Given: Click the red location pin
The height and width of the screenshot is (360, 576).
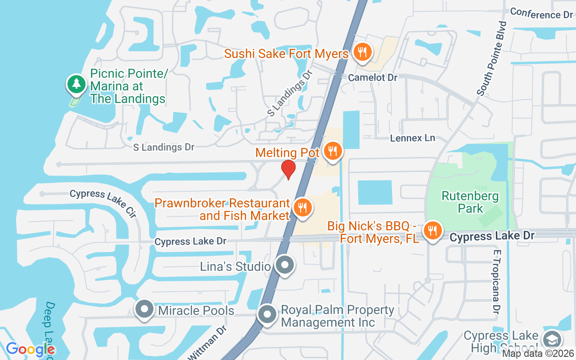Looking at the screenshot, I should pos(288,169).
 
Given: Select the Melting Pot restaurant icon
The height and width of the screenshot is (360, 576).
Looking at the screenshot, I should pos(333,151).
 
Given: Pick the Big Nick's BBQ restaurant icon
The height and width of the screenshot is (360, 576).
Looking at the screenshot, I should pos(432,231).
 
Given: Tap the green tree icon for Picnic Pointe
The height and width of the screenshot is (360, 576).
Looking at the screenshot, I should pos(77,84).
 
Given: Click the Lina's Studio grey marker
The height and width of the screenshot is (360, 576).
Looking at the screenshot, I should pos(284,265).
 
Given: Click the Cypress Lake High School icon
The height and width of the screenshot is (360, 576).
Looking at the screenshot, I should pos(552,340).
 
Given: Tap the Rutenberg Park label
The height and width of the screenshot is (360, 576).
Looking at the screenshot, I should pos(470,202).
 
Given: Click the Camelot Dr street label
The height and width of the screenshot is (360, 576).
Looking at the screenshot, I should pos(373,77).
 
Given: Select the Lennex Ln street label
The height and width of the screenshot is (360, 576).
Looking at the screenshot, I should pos(413,138).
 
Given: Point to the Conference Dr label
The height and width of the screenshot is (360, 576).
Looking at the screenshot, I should pos(541,13).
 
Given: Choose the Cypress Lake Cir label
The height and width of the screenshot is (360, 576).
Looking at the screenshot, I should pos(103,202).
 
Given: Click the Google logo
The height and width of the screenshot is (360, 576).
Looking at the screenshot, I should pos(30,349).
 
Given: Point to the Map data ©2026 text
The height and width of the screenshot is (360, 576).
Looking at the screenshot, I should pos(538,354).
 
